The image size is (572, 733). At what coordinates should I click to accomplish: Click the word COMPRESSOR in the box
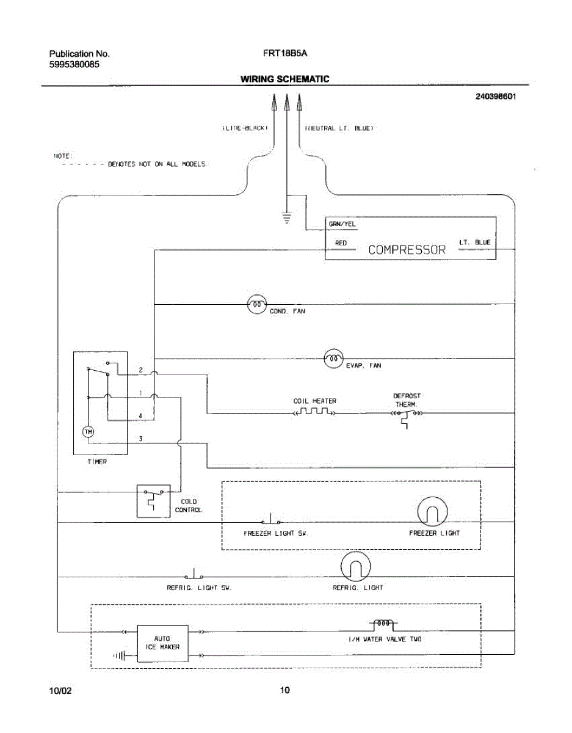pyautogui.click(x=407, y=250)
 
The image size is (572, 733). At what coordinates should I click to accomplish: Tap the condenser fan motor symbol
pyautogui.click(x=257, y=304)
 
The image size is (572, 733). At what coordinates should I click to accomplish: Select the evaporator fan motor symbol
pyautogui.click(x=334, y=359)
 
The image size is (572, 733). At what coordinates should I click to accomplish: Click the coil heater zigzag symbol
pyautogui.click(x=314, y=413)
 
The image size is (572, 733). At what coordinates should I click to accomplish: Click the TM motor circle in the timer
pyautogui.click(x=88, y=432)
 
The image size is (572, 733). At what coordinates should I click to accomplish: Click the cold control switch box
pyautogui.click(x=153, y=501)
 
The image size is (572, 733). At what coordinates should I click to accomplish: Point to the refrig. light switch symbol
pyautogui.click(x=194, y=575)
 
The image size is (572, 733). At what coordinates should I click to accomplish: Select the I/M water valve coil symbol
pyautogui.click(x=383, y=624)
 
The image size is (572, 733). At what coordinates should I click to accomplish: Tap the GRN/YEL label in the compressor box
pyautogui.click(x=342, y=225)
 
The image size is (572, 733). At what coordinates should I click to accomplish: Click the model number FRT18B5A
pyautogui.click(x=285, y=53)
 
